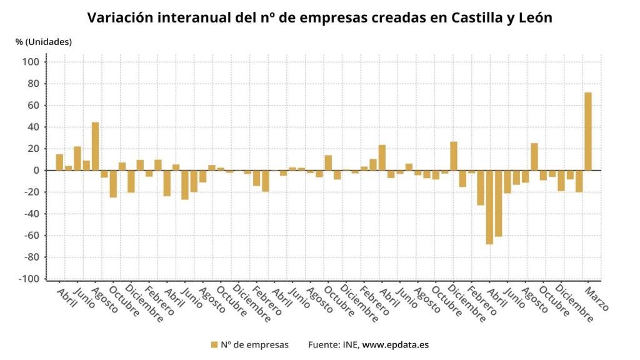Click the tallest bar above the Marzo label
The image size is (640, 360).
coord(587,131)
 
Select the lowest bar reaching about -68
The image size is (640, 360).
coord(489,207)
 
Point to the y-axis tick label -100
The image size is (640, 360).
coord(30,279)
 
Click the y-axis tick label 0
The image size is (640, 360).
coord(36,171)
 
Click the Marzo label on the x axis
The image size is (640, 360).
coord(596,299)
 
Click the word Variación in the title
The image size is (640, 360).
coord(119,17)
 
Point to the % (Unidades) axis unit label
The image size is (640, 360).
coord(44,42)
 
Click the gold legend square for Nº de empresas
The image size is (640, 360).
coord(214,344)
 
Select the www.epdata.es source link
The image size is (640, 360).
coord(396,344)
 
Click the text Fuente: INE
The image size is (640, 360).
coord(334,344)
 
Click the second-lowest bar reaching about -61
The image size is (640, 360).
coord(498,203)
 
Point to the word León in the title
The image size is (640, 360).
coord(537,17)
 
